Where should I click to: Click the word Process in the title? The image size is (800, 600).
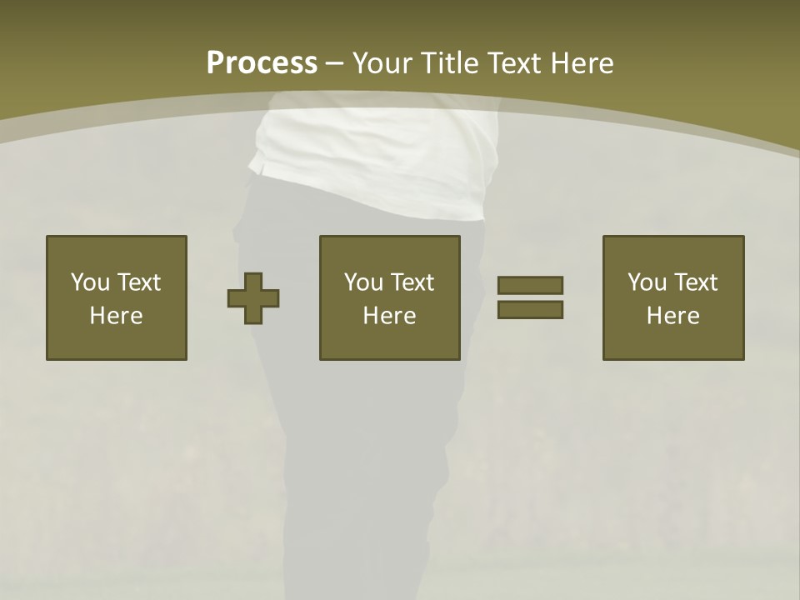(262, 63)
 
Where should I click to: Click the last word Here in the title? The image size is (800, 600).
(582, 63)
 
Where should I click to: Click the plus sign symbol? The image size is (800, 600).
(253, 298)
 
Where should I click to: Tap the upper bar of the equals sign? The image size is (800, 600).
(530, 285)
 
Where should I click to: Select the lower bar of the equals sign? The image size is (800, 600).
(530, 309)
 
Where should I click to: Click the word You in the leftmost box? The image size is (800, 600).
(89, 282)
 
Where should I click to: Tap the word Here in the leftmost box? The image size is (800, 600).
(116, 316)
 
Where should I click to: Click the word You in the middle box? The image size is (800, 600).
(363, 282)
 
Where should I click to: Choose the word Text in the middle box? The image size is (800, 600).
(412, 282)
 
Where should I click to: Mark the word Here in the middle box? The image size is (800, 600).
(389, 316)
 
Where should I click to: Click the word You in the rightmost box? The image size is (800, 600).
(647, 282)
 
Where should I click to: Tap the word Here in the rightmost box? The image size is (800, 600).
(672, 316)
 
